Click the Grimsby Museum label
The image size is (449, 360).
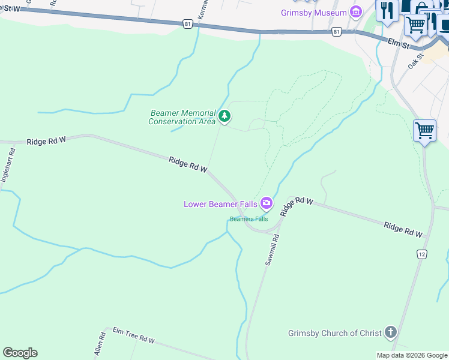[314, 13]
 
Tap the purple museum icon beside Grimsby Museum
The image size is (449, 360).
[357, 12]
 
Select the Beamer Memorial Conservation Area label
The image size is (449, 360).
[182, 117]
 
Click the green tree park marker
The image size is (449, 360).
[224, 116]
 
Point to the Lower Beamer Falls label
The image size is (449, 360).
[221, 204]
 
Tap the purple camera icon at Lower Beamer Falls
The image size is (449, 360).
[267, 204]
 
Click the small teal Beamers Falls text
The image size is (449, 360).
[249, 219]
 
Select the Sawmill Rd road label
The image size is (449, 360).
[273, 250]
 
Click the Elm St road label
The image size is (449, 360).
[398, 43]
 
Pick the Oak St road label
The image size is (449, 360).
[416, 60]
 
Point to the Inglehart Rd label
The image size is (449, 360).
[7, 165]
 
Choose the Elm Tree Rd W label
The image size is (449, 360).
[134, 336]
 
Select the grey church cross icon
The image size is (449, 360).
[391, 332]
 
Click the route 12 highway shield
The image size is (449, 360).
[422, 254]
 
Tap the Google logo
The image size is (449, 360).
[20, 353]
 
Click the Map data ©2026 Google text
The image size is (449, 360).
[412, 355]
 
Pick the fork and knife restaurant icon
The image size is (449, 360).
[387, 10]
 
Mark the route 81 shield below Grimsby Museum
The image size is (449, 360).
[337, 31]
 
